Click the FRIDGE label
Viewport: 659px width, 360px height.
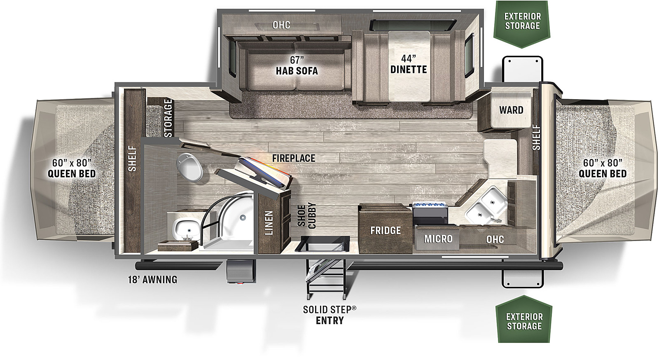click(386, 230)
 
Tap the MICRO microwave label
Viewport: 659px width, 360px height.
click(438, 239)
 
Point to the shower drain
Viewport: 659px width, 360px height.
click(243, 217)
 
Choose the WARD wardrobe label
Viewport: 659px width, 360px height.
click(511, 110)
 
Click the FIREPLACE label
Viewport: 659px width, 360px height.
click(294, 158)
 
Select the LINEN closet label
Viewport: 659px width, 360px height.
click(269, 223)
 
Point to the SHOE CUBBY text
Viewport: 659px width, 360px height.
click(306, 215)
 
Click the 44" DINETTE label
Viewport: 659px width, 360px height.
click(408, 64)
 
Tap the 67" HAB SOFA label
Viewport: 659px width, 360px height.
click(297, 65)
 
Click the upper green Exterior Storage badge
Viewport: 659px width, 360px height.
click(523, 24)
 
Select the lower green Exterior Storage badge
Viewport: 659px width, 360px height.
click(524, 319)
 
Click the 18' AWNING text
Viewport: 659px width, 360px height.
click(153, 279)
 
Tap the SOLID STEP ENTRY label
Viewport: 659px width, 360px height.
click(329, 315)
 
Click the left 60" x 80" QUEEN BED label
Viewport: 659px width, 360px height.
click(72, 168)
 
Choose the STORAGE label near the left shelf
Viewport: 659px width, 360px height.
click(168, 118)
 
